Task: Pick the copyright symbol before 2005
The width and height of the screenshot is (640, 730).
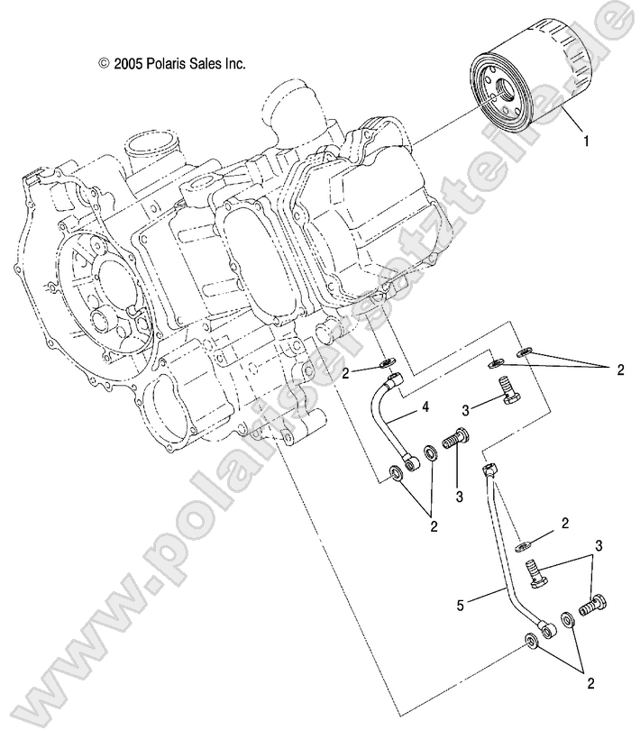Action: tap(104, 64)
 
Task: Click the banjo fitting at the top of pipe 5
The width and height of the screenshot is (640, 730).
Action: tap(489, 471)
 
